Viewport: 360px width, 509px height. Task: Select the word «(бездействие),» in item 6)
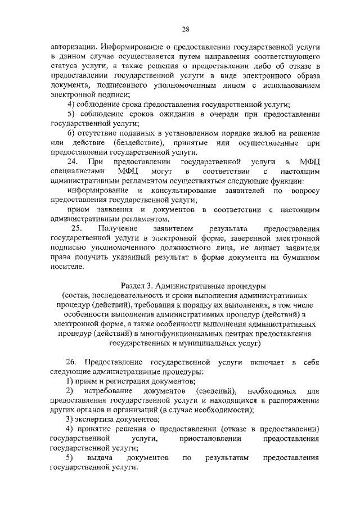pyautogui.click(x=138, y=143)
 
